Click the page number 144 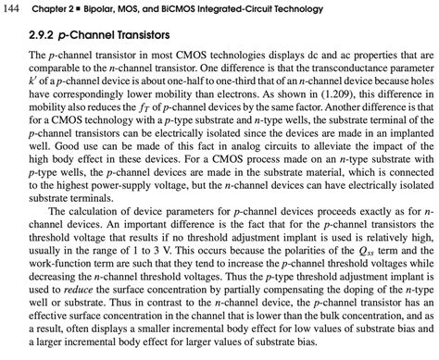point(14,9)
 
